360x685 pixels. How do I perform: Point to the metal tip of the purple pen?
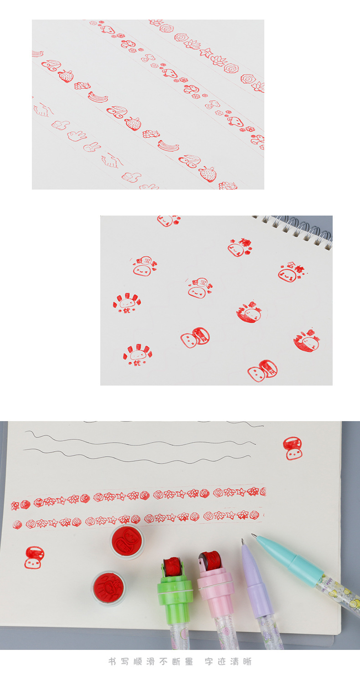tap(243, 542)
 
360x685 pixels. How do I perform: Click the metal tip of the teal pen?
tap(254, 536)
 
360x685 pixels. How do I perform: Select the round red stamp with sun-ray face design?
tap(108, 587)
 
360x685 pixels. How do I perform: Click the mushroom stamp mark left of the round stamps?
tap(34, 557)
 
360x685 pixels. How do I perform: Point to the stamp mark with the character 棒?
tap(240, 247)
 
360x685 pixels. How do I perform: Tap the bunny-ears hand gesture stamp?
tap(92, 147)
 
